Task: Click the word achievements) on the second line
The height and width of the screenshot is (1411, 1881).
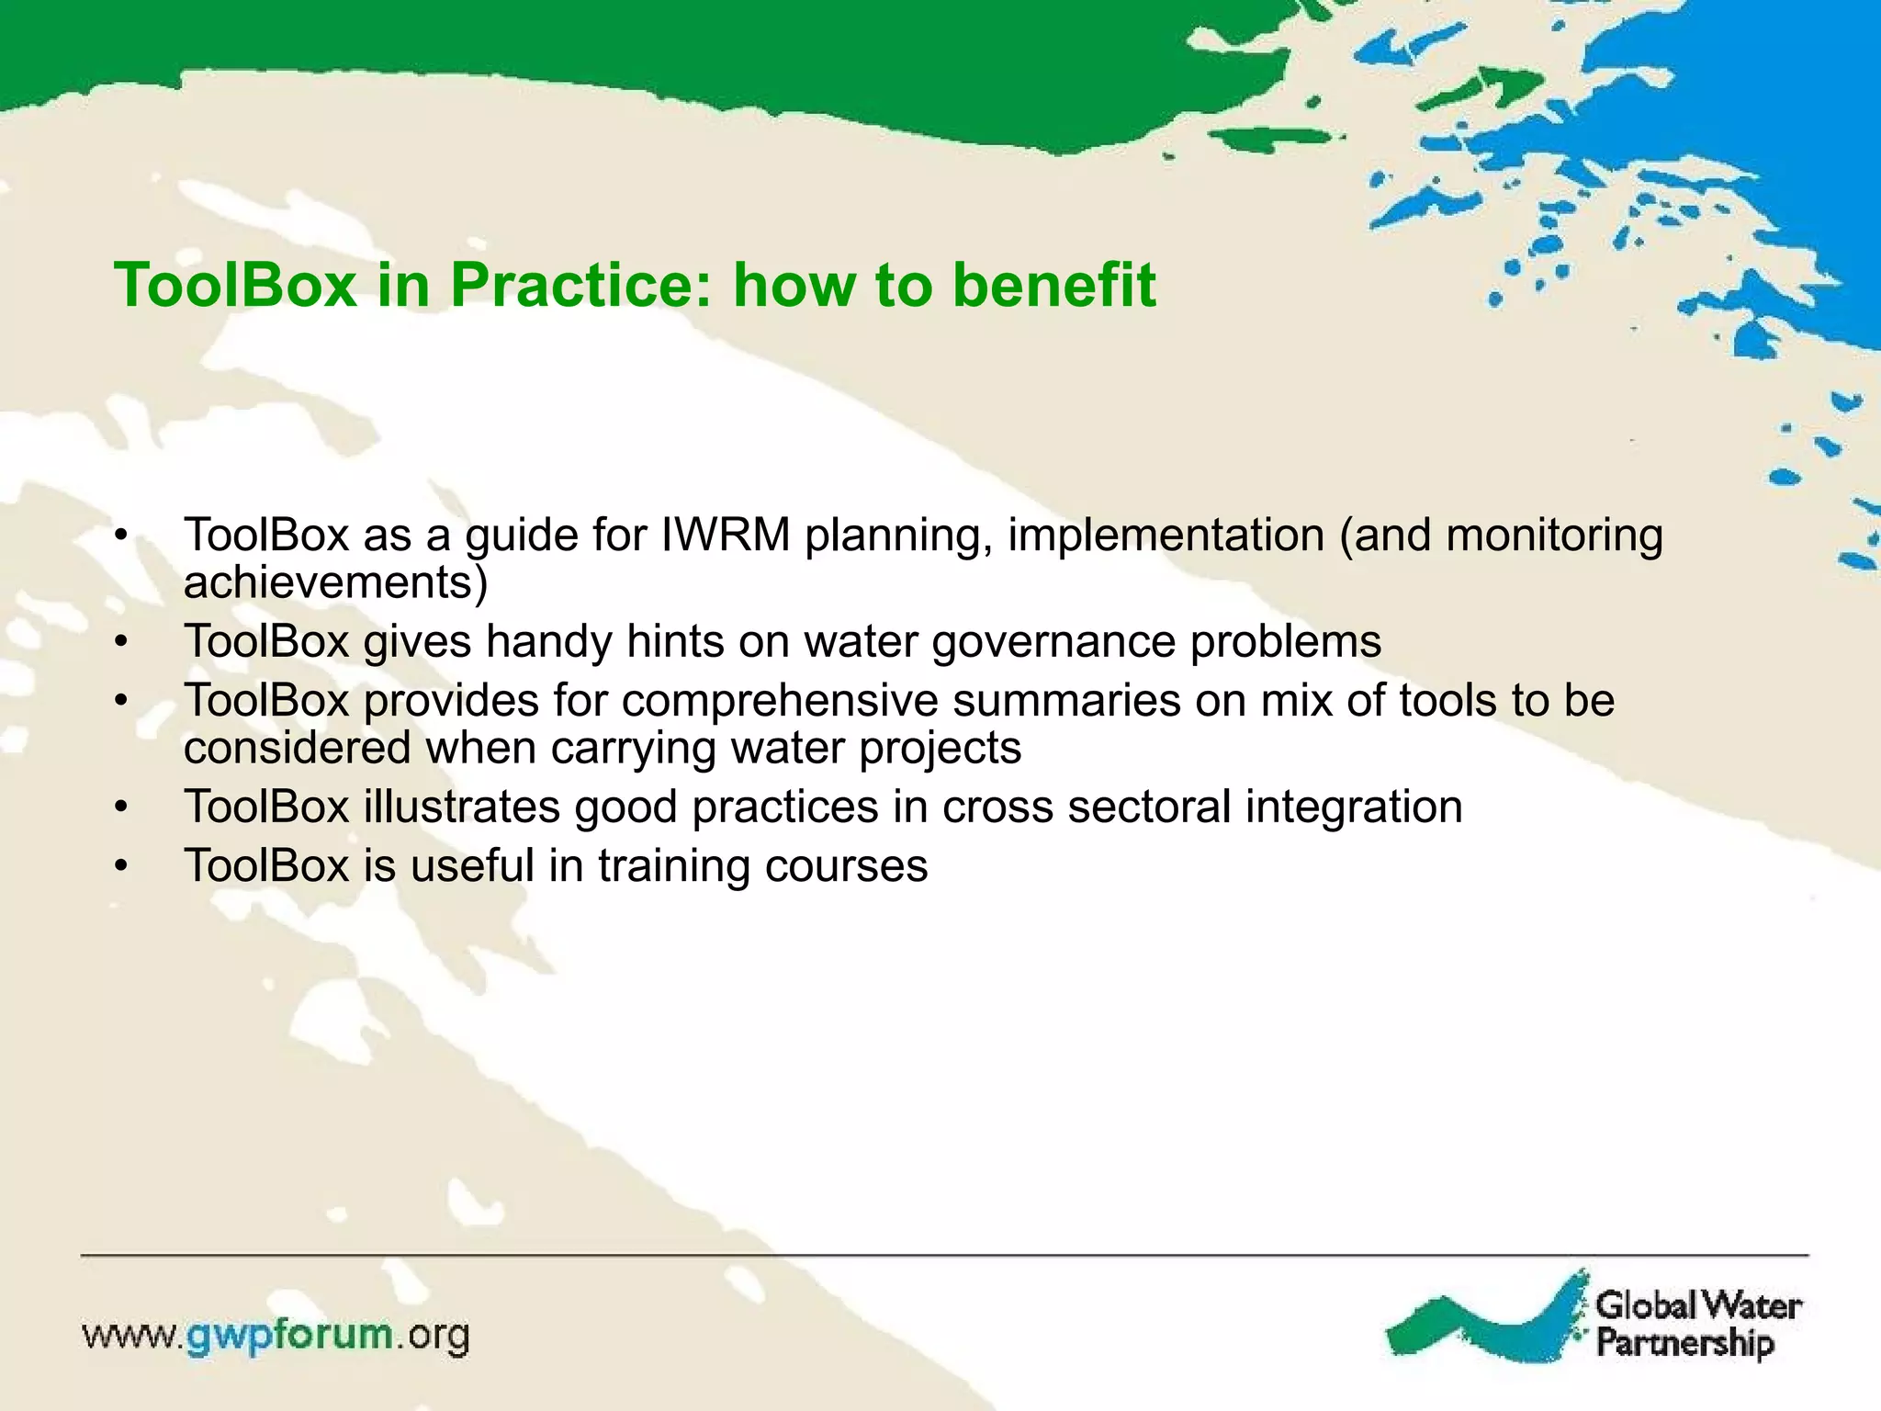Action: (x=335, y=582)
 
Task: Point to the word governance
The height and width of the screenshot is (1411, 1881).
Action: (x=1053, y=642)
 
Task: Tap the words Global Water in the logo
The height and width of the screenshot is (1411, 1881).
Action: (x=1698, y=1305)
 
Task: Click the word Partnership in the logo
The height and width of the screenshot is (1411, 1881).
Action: (x=1685, y=1343)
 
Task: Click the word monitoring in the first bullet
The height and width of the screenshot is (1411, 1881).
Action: (x=1554, y=536)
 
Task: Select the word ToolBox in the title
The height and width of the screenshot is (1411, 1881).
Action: (x=235, y=286)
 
